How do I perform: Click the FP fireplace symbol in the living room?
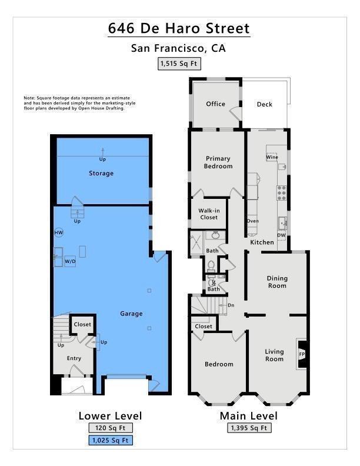[x=302, y=354]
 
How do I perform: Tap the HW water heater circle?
[x=59, y=232]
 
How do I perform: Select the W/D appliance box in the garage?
[x=70, y=261]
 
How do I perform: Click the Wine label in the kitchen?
[x=272, y=157]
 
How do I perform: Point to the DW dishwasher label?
[x=281, y=235]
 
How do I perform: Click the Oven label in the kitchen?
[x=253, y=221]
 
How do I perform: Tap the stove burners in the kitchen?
[x=282, y=192]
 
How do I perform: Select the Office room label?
[x=216, y=104]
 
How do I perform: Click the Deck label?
[x=264, y=104]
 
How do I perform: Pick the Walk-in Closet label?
[x=209, y=214]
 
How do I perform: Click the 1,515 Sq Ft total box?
[x=179, y=64]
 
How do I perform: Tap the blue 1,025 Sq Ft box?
[x=111, y=440]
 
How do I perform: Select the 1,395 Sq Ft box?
[x=249, y=428]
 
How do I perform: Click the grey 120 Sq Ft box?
[x=111, y=428]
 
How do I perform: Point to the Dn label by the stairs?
[x=231, y=305]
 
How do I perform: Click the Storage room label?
[x=101, y=173]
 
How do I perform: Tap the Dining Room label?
[x=277, y=282]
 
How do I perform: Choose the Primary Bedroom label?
[x=218, y=162]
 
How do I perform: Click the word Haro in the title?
[x=183, y=28]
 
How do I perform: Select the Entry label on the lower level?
[x=74, y=358]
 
